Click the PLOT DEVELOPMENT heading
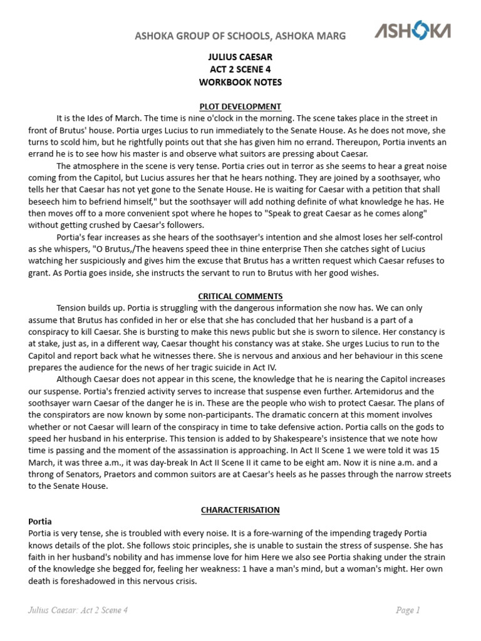click(x=240, y=106)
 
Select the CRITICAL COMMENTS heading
click(x=240, y=295)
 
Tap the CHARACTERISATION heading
click(x=240, y=510)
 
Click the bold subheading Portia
click(x=40, y=521)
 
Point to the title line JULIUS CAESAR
click(x=240, y=57)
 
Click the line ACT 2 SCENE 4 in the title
click(x=240, y=69)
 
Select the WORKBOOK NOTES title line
click(x=240, y=82)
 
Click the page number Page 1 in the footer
click(x=408, y=610)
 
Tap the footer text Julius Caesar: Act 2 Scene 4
click(x=78, y=610)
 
